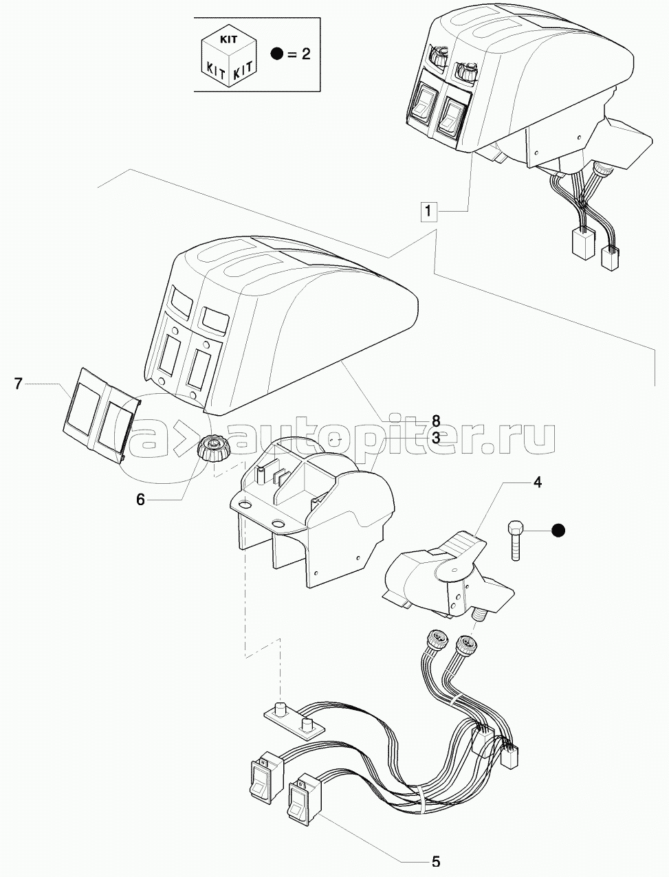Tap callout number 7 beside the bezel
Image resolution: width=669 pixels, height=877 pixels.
pos(19,384)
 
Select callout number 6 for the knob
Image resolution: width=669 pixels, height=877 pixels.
pos(140,500)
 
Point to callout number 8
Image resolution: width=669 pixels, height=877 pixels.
pos(435,421)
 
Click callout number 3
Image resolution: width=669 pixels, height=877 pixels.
pos(435,437)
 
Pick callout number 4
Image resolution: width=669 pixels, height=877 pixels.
pos(537,482)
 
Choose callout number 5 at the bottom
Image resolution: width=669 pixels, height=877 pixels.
pos(435,861)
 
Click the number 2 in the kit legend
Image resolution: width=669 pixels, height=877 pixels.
pos(305,54)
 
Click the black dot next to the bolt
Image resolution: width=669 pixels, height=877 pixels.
pos(558,530)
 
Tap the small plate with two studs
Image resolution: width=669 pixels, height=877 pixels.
pos(294,720)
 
